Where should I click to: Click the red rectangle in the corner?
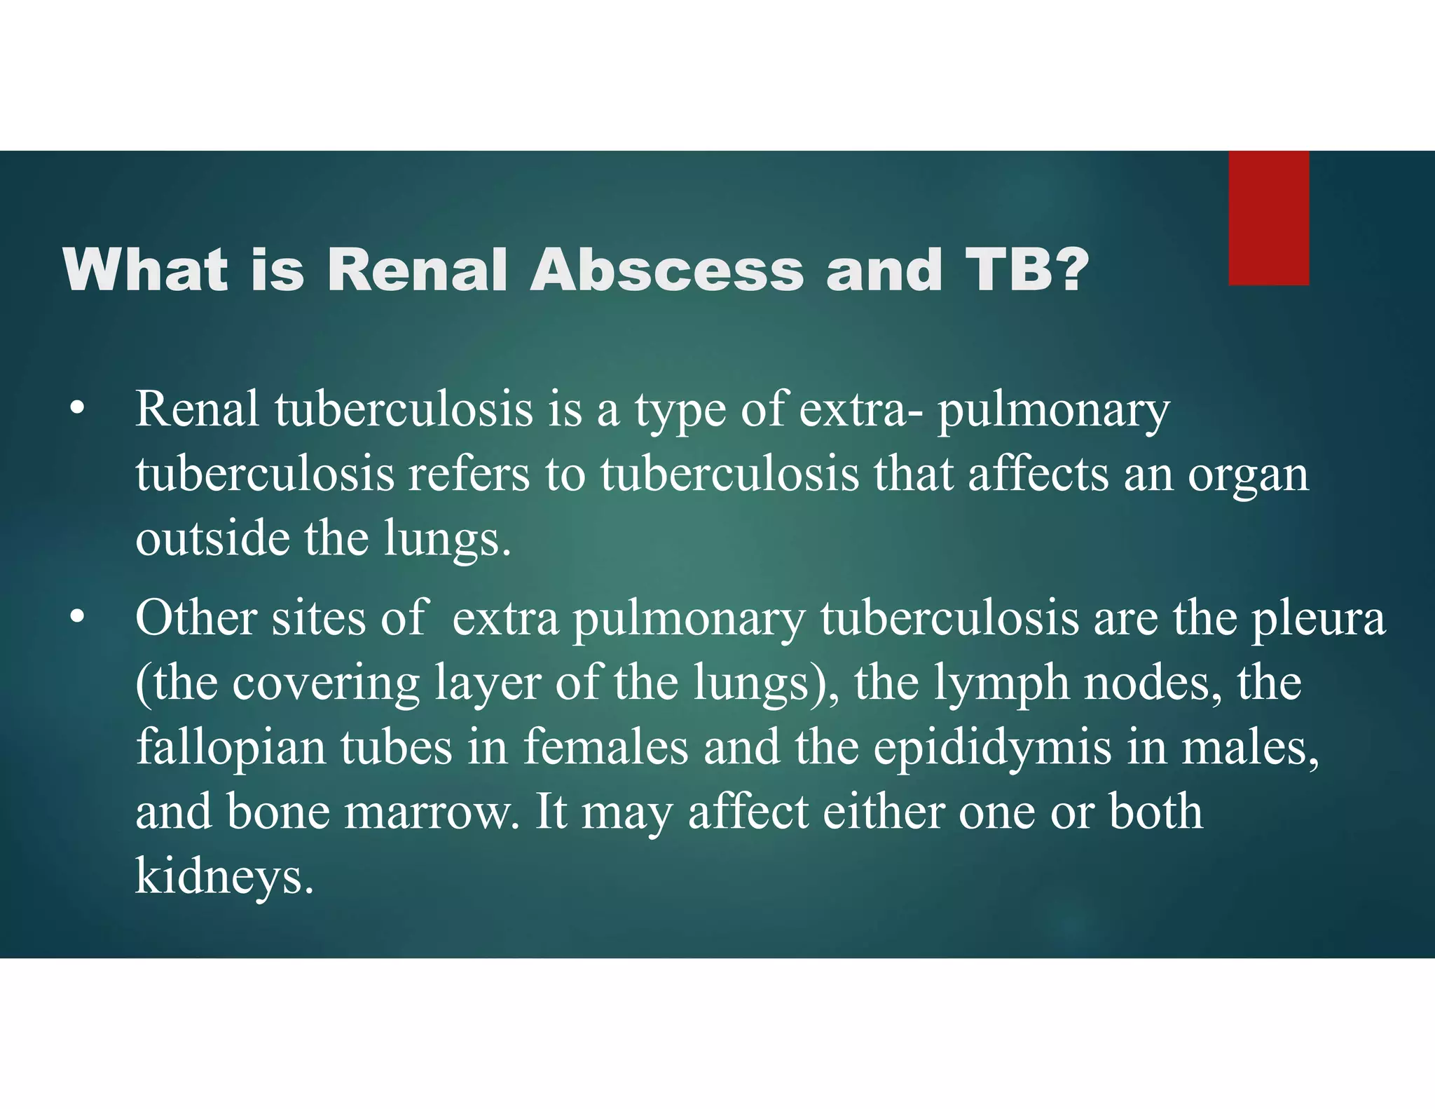point(1268,217)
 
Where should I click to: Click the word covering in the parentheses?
point(325,683)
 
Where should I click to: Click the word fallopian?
point(231,748)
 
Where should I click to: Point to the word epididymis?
point(991,748)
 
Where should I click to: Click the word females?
point(605,748)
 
